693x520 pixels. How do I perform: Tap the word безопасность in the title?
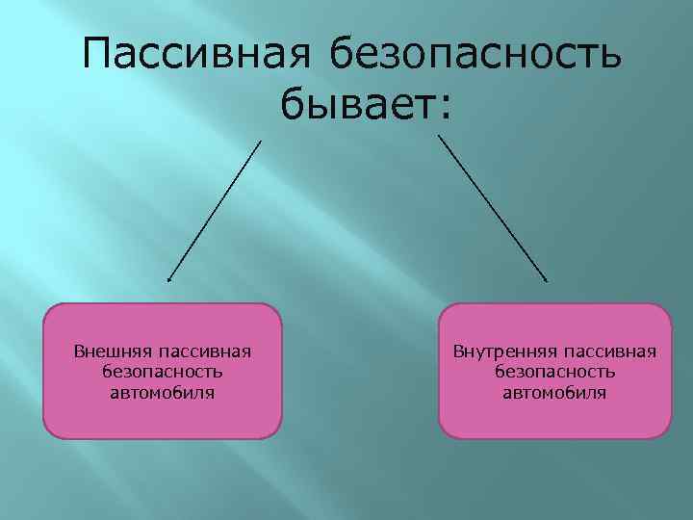475,55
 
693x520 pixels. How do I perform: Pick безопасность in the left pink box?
162,371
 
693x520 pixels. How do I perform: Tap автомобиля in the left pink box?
162,392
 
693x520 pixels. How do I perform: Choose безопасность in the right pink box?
554,371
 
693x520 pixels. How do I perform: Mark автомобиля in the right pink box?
554,392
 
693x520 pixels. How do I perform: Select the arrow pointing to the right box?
493,208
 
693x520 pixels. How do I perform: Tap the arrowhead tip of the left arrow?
168,281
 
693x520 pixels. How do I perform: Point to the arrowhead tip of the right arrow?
548,281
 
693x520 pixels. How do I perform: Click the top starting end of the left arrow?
261,141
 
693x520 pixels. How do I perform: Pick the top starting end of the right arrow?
439,136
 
